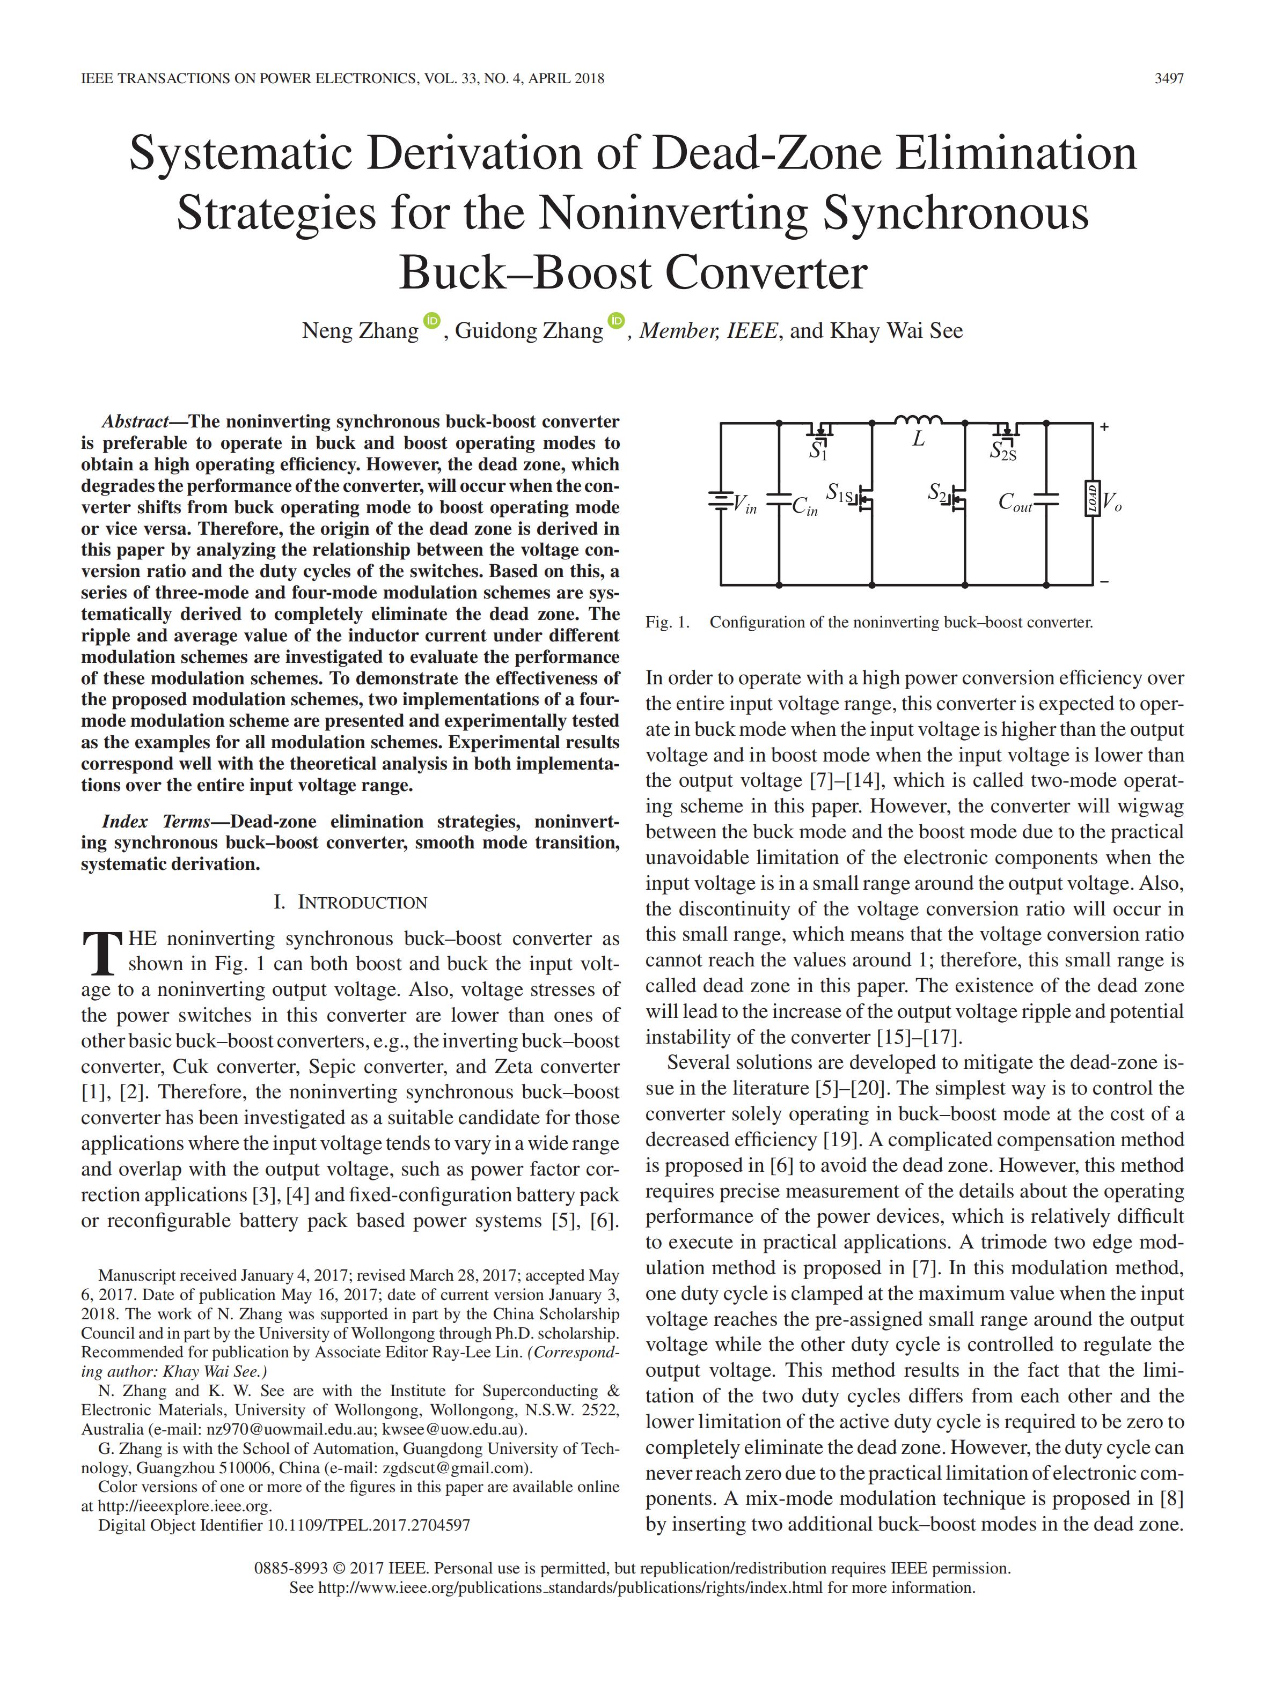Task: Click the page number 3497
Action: pyautogui.click(x=1168, y=78)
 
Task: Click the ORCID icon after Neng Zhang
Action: pyautogui.click(x=432, y=320)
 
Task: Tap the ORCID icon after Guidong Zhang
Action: pyautogui.click(x=617, y=320)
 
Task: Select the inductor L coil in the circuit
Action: pyautogui.click(x=918, y=420)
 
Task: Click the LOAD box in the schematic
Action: pyautogui.click(x=1091, y=499)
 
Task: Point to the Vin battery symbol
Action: pyautogui.click(x=720, y=501)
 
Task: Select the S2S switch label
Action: pyautogui.click(x=1003, y=452)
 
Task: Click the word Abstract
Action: pyautogui.click(x=135, y=422)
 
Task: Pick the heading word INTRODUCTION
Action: pyautogui.click(x=362, y=903)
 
